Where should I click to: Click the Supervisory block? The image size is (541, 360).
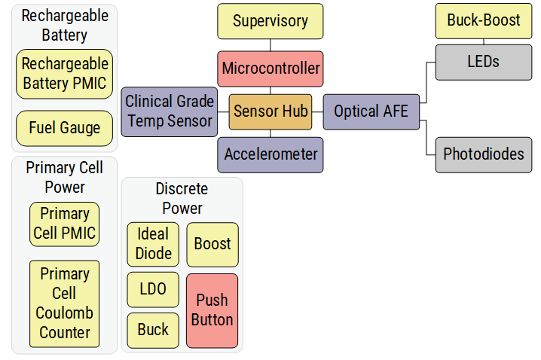pos(270,21)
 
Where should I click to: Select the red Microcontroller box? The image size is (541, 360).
pos(270,69)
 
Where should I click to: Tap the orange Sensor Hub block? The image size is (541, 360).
pos(270,111)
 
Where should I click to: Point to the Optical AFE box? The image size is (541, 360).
pos(371,111)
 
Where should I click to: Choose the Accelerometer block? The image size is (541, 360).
pos(270,154)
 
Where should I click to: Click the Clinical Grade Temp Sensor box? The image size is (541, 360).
pos(170,111)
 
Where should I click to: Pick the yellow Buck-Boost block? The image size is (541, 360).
pos(483,20)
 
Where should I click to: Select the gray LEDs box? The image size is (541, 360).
pos(483,62)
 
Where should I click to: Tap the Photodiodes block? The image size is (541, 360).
pos(483,154)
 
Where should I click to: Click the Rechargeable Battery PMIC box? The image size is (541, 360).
pos(65,74)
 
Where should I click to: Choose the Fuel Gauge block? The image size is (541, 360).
pos(65,128)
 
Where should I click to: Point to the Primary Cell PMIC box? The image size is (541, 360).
pos(65,224)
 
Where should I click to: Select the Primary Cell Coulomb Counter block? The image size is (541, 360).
pos(65,304)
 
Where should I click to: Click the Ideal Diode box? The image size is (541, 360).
pos(153,244)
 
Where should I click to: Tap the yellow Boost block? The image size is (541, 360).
pos(212,244)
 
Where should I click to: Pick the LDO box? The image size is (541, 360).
pos(153,289)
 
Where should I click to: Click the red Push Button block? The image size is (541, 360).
pos(212,310)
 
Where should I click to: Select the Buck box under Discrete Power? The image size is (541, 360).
pos(153,330)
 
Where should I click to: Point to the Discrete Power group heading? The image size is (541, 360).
pos(181,198)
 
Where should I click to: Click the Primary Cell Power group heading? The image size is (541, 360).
pos(64,177)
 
